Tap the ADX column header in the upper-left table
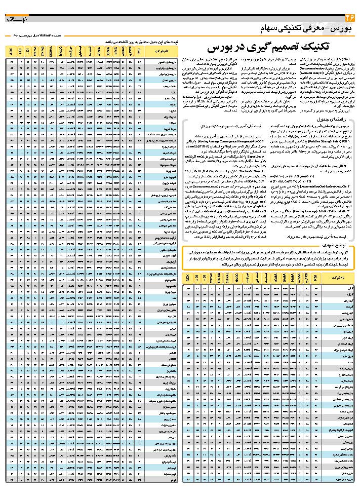pos(12,51)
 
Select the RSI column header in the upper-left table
pos(139,51)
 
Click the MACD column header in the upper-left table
pos(61,51)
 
